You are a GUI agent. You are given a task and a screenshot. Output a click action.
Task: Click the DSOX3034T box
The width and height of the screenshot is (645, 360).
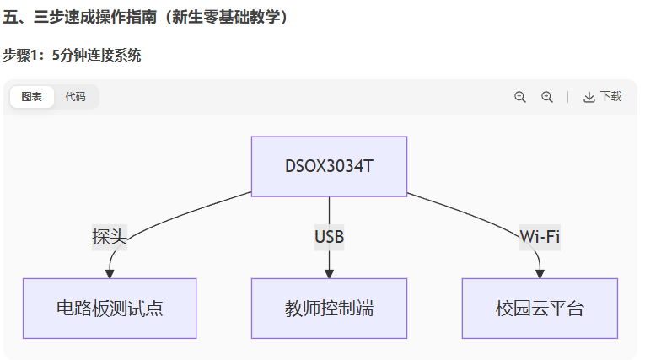pos(329,166)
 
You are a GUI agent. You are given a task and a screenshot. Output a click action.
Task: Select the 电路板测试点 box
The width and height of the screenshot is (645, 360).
pos(110,308)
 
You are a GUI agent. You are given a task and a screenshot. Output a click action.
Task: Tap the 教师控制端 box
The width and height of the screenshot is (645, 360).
pos(329,308)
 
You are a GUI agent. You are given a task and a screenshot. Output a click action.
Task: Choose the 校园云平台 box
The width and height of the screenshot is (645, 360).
pos(540,308)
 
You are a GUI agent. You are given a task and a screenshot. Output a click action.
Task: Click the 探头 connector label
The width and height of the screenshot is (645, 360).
pos(109,237)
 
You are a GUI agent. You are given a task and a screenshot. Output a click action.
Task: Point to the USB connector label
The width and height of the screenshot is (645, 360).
pos(329,237)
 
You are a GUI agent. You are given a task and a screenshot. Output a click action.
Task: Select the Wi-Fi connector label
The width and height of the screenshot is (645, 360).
pos(540,237)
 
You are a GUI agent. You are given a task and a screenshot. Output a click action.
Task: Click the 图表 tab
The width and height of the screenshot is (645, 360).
pos(32,97)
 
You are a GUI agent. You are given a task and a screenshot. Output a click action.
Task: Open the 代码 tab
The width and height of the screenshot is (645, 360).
pos(75,97)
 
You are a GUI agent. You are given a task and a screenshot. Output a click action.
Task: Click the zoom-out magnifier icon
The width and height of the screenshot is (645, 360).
pos(520,97)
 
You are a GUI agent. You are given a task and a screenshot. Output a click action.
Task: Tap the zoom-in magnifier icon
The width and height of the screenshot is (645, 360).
pos(547,97)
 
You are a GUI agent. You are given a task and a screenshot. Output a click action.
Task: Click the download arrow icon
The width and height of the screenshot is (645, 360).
pos(589,97)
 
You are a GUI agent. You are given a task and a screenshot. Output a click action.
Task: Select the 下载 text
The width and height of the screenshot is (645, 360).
pos(611,97)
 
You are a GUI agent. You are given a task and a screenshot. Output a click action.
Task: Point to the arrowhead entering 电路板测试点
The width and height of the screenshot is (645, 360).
pos(110,272)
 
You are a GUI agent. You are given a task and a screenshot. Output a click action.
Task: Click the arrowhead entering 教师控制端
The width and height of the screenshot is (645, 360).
pos(329,272)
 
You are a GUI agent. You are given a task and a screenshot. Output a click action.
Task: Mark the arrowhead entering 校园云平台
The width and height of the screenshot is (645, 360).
pos(540,272)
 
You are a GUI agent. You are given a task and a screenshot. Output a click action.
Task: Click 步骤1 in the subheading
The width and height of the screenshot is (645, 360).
pos(22,56)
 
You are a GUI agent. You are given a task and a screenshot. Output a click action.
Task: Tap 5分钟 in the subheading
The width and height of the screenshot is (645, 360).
pos(71,56)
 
